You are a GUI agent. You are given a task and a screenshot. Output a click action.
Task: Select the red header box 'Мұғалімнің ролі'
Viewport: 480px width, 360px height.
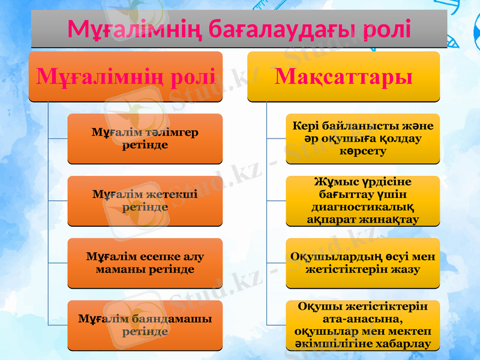point(125,76)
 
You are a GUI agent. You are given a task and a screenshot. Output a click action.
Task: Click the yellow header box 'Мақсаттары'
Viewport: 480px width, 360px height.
point(344,76)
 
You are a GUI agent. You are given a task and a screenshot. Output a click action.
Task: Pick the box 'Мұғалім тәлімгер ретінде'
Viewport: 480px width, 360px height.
point(145,139)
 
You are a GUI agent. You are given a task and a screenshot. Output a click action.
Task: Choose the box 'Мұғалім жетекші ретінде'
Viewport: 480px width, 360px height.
point(145,200)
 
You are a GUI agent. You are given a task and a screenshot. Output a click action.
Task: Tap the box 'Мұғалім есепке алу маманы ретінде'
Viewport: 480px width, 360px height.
point(145,263)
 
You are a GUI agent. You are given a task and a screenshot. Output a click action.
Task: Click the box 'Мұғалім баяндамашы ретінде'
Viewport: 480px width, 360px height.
point(145,325)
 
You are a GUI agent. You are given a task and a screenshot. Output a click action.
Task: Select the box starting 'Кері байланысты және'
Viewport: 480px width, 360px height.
point(362,139)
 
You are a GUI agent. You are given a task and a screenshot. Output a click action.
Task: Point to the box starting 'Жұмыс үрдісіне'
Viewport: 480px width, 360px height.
point(362,200)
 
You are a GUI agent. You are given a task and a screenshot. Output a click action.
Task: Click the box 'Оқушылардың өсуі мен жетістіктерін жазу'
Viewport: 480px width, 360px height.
point(362,263)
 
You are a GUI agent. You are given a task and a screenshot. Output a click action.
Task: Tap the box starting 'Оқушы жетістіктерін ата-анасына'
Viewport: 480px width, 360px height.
point(362,325)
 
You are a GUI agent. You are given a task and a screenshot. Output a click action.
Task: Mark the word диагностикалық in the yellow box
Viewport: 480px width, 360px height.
point(363,207)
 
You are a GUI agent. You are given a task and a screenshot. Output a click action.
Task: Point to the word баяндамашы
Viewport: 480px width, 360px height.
point(167,319)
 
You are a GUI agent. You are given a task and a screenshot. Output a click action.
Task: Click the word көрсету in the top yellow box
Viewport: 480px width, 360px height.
point(363,151)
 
